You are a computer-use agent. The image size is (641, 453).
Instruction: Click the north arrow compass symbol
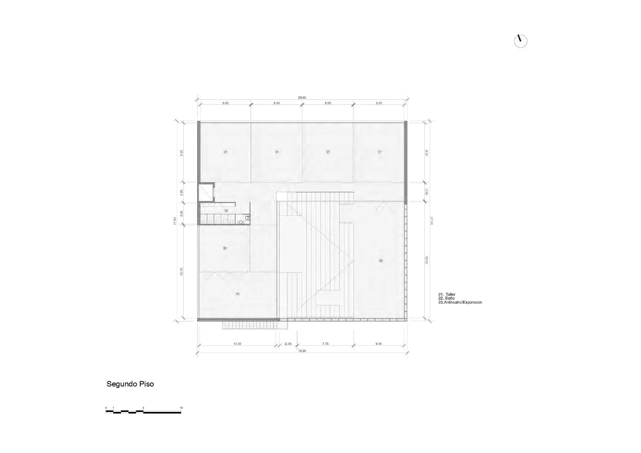pos(520,41)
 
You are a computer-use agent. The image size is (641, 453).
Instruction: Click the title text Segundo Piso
pos(130,384)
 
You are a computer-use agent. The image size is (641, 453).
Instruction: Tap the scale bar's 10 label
pos(181,408)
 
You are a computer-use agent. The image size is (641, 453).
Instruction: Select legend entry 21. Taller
pos(447,294)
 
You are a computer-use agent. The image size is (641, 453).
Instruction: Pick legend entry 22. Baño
pos(446,298)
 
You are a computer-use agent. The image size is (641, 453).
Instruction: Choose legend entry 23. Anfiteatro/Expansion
pos(460,302)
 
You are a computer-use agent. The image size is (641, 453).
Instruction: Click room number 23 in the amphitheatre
pos(381,260)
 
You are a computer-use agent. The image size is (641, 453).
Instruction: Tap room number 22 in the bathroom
pos(226,211)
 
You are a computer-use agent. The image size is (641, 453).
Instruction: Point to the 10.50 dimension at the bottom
pos(237,344)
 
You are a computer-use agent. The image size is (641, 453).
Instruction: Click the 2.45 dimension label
pos(288,344)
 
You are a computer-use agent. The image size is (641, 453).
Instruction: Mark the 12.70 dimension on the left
pos(182,271)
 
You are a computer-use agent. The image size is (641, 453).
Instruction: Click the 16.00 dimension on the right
pos(426,260)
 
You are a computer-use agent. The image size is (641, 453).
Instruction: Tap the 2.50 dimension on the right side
pos(426,192)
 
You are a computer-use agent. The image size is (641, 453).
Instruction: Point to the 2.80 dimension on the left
pos(182,192)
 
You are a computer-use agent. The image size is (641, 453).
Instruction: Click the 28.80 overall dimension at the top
pos(302,98)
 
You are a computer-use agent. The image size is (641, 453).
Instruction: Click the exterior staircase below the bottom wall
pos(250,325)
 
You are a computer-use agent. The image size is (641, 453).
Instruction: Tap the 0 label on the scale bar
pos(106,408)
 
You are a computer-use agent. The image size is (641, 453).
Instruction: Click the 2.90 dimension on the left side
pos(182,213)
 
